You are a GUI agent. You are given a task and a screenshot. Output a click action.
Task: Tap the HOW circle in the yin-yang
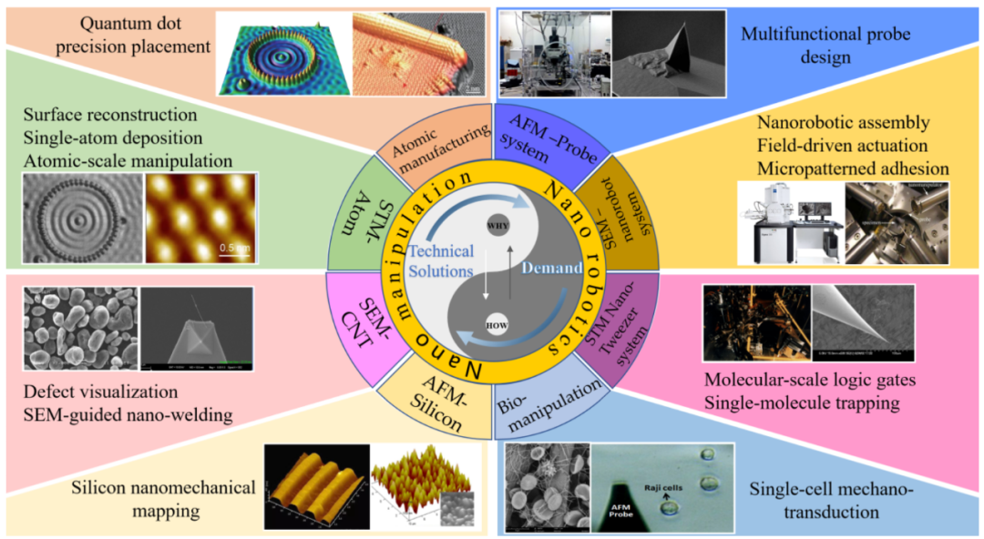click(497, 323)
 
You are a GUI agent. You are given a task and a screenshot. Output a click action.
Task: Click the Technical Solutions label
click(440, 262)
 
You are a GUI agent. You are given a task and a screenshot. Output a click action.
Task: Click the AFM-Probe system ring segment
click(531, 137)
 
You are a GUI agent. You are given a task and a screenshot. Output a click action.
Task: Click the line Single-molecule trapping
click(803, 400)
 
